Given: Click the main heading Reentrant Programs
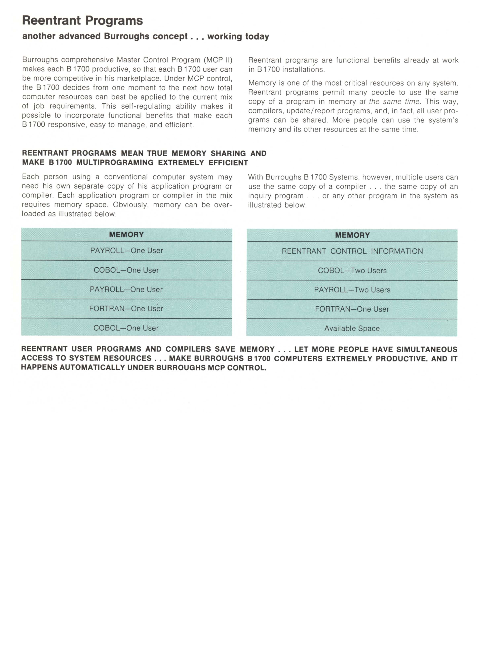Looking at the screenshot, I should (82, 21).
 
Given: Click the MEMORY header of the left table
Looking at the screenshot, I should (126, 235).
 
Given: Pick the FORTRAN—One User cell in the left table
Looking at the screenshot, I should (126, 309).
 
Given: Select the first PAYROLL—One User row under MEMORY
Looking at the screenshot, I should (126, 251).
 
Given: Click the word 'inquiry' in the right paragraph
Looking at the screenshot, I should (261, 196).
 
